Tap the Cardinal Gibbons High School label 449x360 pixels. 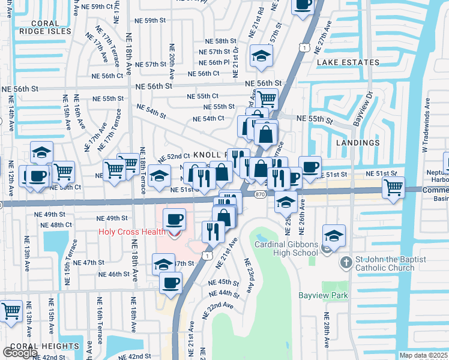point(286,248)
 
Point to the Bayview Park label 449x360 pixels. point(323,295)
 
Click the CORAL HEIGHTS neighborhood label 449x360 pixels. point(44,346)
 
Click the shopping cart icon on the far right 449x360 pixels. point(393,187)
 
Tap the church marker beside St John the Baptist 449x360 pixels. point(345,263)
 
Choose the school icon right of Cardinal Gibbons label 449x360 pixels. point(334,235)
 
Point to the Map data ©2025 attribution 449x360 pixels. point(424,355)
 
